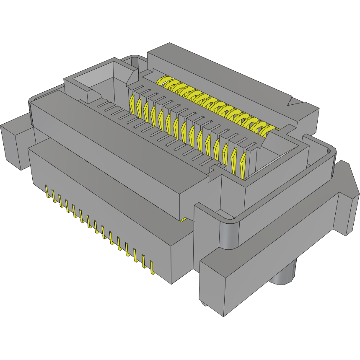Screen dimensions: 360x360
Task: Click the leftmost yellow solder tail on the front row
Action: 47,192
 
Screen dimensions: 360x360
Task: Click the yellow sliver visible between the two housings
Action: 183,219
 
